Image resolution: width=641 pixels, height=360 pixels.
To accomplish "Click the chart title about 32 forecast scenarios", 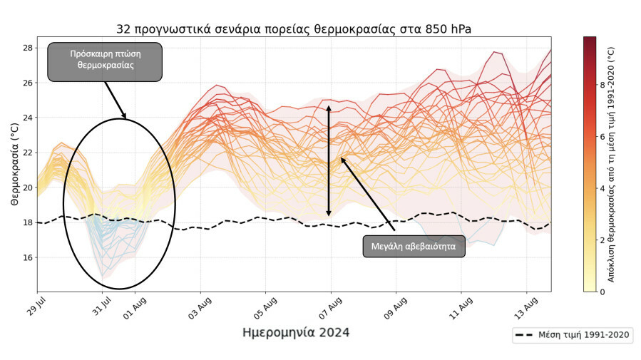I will tap(293, 29).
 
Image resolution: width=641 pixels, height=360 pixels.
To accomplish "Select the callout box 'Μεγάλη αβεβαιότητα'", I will tap(414, 247).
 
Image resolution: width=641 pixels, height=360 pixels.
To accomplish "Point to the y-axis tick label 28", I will tap(27, 48).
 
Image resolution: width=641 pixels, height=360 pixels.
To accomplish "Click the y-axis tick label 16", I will tap(27, 257).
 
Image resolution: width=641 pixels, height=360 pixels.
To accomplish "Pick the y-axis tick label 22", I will tap(27, 153).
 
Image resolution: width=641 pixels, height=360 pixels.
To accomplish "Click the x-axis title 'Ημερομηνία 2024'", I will tap(296, 333).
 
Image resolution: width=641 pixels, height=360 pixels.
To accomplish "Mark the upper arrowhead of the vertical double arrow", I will tap(329, 108).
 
